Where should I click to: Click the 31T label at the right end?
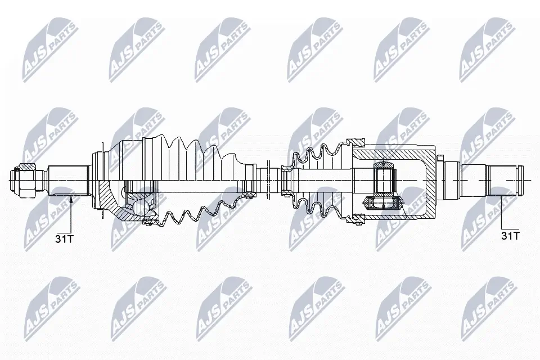[510, 236]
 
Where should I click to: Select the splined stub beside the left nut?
[67, 180]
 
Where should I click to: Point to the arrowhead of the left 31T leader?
[71, 197]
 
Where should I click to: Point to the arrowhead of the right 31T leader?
[502, 197]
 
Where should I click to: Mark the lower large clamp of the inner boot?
[358, 220]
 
